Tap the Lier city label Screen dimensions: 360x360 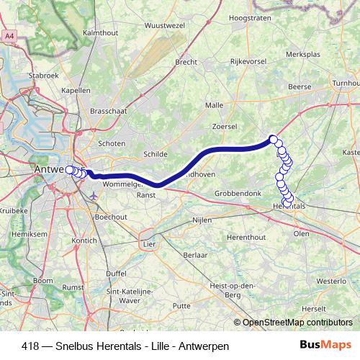coord(149,244)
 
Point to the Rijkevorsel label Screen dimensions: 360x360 coord(249,62)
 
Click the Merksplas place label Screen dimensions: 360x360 coord(302,54)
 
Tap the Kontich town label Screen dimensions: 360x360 coord(85,240)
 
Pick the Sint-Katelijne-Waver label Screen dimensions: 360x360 coord(125,295)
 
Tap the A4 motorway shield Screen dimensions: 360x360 coord(10,35)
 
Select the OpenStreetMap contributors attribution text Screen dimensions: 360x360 coord(297,323)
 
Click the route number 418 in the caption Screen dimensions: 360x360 coord(30,346)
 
